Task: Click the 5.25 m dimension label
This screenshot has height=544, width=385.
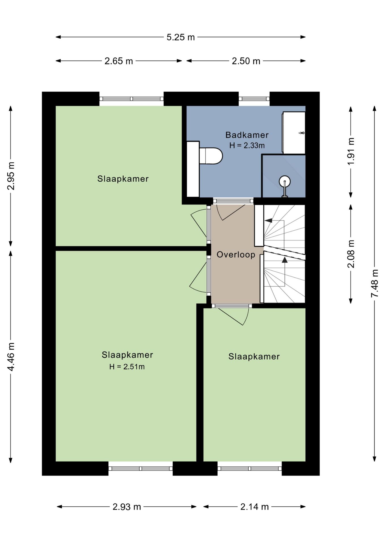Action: [181, 37]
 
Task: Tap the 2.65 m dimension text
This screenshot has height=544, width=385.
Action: [119, 61]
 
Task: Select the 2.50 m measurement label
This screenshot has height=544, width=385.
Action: [246, 61]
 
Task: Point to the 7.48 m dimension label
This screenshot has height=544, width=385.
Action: [375, 283]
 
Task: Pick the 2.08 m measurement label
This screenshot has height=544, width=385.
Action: [351, 254]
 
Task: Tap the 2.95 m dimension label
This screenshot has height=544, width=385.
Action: [11, 176]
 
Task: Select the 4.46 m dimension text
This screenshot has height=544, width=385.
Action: [11, 357]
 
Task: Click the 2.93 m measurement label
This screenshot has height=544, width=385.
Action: [126, 507]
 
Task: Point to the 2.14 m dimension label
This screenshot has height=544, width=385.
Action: [254, 507]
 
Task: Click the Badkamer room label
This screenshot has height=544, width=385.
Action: [247, 135]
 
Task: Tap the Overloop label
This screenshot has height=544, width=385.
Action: [236, 254]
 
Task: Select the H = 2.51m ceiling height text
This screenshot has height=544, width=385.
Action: [127, 367]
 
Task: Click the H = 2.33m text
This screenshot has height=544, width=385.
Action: [247, 145]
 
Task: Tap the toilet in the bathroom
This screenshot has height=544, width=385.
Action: [211, 156]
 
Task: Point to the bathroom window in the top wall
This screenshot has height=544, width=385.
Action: [254, 99]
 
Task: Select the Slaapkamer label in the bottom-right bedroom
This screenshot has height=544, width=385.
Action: [254, 356]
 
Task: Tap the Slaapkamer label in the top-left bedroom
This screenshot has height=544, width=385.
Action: [123, 179]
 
